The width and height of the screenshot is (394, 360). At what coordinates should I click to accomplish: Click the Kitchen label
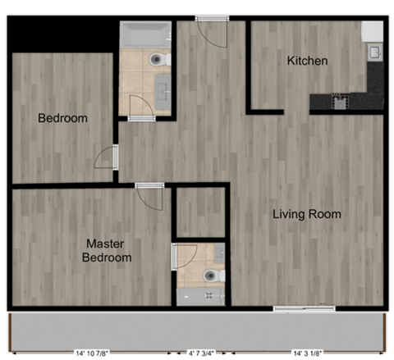tap(307, 62)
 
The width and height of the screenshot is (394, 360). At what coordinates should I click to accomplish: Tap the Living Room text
tap(307, 215)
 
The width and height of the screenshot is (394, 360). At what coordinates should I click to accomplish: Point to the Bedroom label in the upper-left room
tap(62, 118)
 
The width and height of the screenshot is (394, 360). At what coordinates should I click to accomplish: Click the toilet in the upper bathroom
tap(158, 59)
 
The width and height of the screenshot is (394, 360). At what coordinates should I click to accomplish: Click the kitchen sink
tap(374, 51)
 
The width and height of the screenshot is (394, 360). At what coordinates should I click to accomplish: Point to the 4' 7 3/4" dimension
tap(198, 354)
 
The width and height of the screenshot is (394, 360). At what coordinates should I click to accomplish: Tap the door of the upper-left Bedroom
tap(107, 157)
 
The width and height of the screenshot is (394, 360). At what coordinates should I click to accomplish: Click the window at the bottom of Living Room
tap(304, 308)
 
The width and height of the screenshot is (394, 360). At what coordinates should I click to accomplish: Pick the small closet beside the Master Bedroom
tap(201, 212)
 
